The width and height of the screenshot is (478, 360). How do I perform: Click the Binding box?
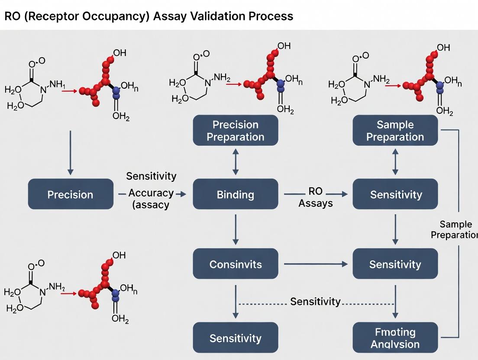point(235,194)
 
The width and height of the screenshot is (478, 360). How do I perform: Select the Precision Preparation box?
point(235,131)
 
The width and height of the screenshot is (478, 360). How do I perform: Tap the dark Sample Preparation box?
point(395,131)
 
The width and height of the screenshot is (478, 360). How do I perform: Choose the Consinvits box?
point(235,264)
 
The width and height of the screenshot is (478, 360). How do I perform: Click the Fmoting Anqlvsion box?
point(395,338)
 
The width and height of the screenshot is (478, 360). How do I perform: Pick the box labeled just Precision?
point(70,194)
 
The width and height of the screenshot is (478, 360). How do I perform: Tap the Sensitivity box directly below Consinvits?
point(235,338)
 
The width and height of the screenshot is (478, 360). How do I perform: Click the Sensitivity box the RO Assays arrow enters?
point(395,194)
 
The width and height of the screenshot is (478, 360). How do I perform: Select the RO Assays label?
point(315,197)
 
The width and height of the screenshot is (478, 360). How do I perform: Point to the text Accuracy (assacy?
point(151,199)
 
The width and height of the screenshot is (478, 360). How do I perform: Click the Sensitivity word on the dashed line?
point(315,302)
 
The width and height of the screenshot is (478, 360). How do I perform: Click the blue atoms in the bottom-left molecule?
point(115,295)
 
